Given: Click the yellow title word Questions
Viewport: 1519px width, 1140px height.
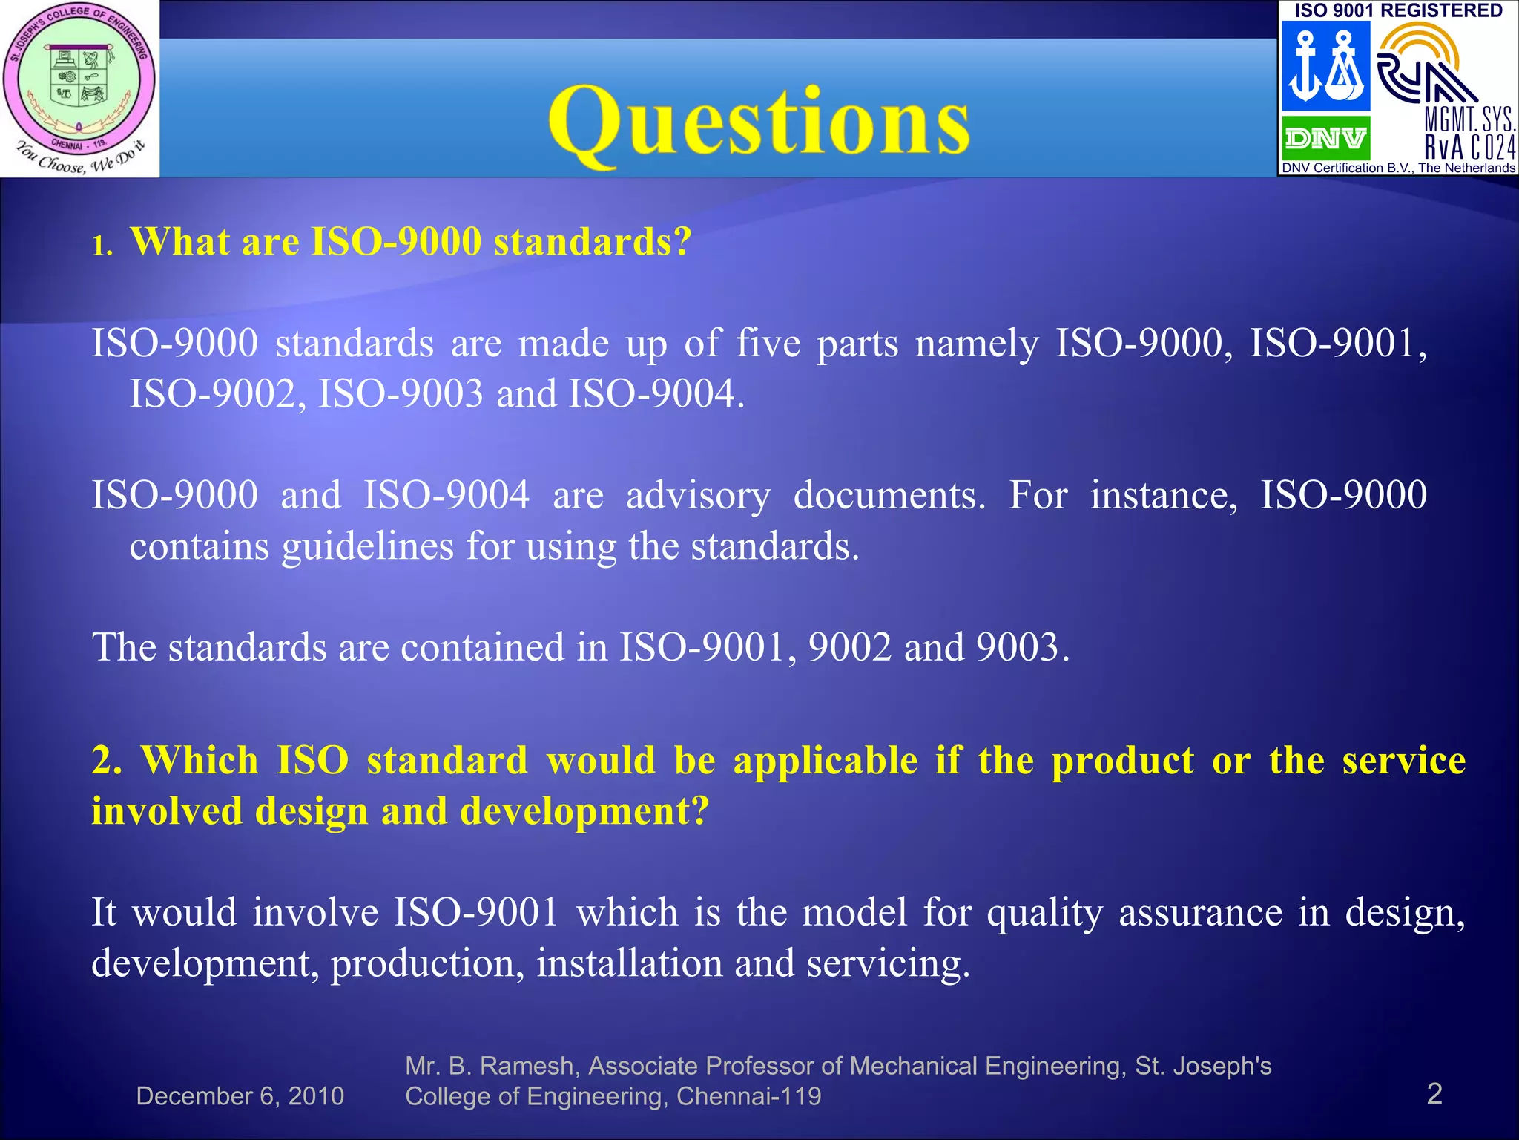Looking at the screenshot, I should [758, 122].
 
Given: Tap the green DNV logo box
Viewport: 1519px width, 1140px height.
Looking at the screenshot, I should [1325, 138].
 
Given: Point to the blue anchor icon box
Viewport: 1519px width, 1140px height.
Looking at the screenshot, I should [1325, 67].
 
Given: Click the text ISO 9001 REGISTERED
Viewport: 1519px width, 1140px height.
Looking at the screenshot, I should [1398, 10].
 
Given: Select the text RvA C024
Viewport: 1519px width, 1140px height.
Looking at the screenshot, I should [1469, 148].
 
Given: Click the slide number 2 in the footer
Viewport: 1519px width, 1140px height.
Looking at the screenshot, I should [1434, 1094].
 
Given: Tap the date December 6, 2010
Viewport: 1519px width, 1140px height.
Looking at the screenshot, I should [240, 1096].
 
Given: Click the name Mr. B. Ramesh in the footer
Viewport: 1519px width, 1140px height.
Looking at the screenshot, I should [490, 1066].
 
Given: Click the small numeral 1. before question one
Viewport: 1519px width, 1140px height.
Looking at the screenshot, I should [102, 246].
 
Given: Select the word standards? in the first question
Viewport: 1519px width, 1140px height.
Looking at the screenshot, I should [593, 242].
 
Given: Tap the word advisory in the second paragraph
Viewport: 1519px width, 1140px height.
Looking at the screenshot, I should [698, 496].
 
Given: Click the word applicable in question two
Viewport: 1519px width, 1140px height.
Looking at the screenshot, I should [826, 761].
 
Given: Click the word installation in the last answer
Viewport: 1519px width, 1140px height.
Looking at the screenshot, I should [629, 963].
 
